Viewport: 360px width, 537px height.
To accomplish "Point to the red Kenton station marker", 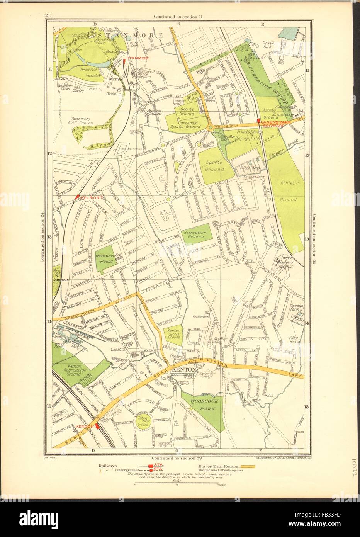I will pyautogui.click(x=97, y=426).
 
